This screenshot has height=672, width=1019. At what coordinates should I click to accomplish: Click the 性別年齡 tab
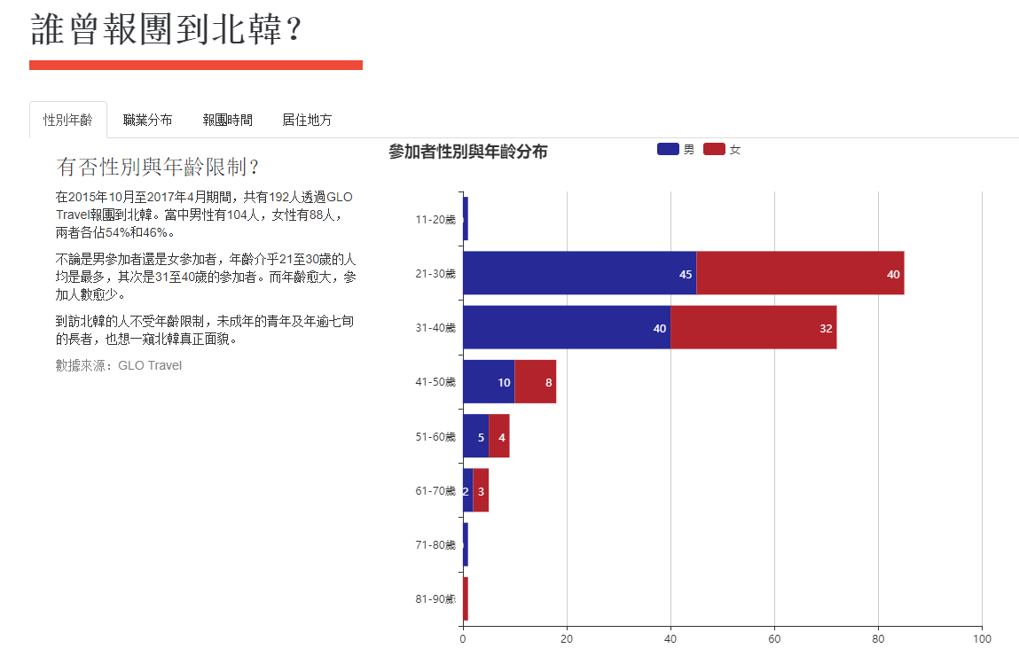pos(68,120)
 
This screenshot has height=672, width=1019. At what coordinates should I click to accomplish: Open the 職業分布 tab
pos(148,120)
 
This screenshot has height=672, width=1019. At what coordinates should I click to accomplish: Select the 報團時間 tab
pos(227,120)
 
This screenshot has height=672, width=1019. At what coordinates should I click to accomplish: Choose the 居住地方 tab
pos(307,120)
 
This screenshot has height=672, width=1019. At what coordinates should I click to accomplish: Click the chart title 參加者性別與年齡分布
pos(467,152)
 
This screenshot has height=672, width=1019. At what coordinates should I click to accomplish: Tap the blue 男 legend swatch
pos(668,149)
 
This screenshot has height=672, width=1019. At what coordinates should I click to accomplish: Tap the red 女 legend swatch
pos(714,149)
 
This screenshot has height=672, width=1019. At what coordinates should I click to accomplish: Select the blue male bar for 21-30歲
pos(579,273)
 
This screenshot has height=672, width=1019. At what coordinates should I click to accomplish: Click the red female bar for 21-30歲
pos(800,273)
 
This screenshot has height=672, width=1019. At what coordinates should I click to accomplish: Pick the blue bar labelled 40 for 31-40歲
pos(566,328)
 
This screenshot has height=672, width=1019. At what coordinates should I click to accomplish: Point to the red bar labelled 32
pos(753,328)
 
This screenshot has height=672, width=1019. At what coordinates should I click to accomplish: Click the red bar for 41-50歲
pos(535,382)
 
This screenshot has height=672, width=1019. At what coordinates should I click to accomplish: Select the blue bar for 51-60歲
pos(475,436)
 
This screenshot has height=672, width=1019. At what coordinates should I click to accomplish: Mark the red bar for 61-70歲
pos(481,490)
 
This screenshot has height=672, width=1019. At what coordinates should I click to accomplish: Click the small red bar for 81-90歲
pos(465,598)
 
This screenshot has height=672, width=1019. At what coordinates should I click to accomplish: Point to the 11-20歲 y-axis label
pos(435,219)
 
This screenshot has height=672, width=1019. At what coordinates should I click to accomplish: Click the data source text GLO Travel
pos(150,365)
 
